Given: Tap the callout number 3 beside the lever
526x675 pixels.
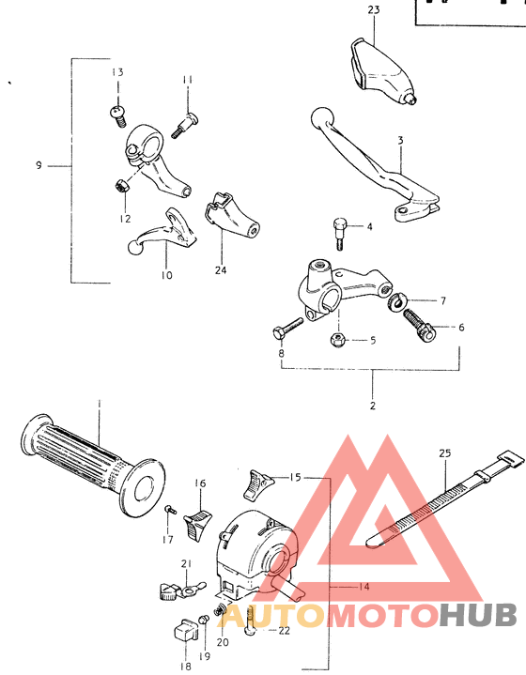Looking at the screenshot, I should point(400,140).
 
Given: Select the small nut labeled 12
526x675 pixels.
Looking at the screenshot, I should point(120,186).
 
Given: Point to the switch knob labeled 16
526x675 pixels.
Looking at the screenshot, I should point(198,522).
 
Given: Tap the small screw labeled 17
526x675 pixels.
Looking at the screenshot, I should point(169,511).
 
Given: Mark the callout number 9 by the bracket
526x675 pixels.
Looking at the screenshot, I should point(39,165).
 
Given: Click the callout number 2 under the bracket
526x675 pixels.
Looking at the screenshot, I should point(373,406).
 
